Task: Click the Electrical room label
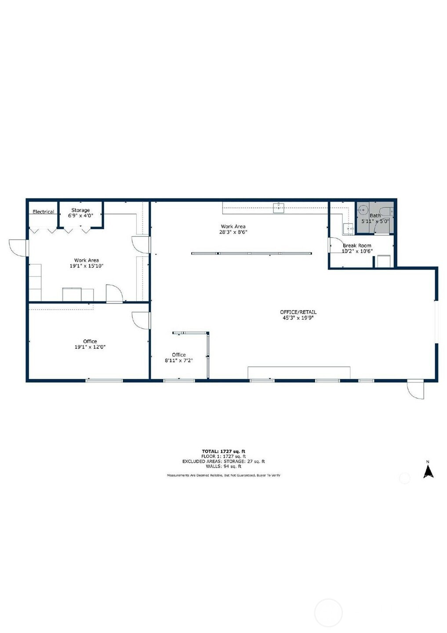point(43,212)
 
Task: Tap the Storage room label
point(80,210)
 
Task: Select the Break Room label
point(357,245)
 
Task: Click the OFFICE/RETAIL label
point(298,312)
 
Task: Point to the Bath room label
point(375,216)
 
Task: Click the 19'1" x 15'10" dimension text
point(87,266)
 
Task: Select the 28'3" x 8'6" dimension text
point(233,232)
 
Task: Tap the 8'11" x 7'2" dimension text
point(179,360)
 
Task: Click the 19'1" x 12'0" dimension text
point(90,347)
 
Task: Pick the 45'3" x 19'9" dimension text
point(298,318)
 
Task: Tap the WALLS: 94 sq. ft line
point(223,467)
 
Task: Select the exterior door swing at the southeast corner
point(415,390)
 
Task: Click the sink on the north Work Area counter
point(278,208)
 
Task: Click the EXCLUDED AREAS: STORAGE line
point(223,461)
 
